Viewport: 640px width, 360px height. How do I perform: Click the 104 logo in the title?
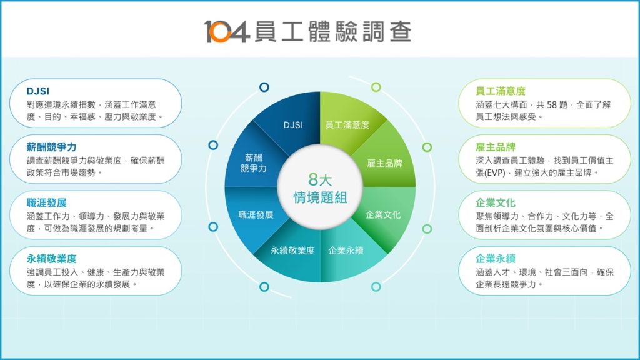226,31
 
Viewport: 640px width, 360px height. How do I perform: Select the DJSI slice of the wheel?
293,122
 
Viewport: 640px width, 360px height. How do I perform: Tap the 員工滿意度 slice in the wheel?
347,122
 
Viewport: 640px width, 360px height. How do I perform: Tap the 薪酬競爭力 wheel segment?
253,161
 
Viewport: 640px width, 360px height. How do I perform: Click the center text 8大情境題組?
320,188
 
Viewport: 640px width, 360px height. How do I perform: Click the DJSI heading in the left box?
38,91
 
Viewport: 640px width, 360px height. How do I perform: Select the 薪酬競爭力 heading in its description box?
51,147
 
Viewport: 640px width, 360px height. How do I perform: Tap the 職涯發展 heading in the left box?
46,203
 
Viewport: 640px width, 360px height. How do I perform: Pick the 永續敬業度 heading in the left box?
51,259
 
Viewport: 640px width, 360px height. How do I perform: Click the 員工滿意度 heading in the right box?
501,91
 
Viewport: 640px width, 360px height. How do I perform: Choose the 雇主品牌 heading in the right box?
496,147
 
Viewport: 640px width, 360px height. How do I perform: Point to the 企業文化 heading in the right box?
496,203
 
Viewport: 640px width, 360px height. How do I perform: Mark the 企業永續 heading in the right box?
496,259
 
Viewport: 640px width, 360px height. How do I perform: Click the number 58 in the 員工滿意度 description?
551,105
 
